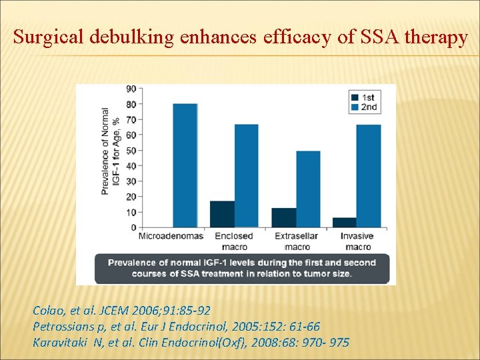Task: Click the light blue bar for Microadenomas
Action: [x=185, y=165]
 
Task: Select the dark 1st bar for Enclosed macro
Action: [x=222, y=214]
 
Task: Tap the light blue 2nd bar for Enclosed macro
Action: [x=246, y=176]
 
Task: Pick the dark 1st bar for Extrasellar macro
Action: [x=283, y=217]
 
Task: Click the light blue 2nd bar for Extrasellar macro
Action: [x=307, y=189]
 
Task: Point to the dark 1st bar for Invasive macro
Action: [x=345, y=222]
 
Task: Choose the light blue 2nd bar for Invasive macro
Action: [x=369, y=176]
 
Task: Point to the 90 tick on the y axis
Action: [x=131, y=89]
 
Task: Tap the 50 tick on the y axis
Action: [x=131, y=150]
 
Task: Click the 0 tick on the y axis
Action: [x=133, y=227]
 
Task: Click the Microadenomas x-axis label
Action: [x=171, y=236]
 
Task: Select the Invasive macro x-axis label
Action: [x=357, y=241]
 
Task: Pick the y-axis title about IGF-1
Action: [x=109, y=152]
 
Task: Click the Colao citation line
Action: [x=121, y=310]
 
